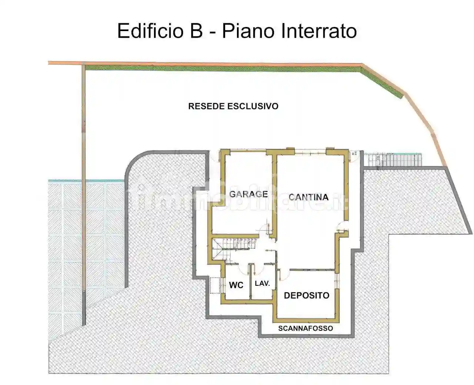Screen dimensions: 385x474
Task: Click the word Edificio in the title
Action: tap(150, 31)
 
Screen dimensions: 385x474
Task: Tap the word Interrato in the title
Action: tap(319, 31)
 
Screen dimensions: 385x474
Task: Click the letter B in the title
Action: tap(197, 31)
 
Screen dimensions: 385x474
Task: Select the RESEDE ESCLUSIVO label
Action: tap(233, 106)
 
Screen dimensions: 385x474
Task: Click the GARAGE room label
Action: tap(248, 194)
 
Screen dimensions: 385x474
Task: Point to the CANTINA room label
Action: tap(308, 197)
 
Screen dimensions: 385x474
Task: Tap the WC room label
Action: tap(236, 285)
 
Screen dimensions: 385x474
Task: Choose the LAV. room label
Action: tap(263, 284)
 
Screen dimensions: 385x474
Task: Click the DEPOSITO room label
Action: tap(307, 295)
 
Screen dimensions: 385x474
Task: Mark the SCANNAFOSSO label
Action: tap(306, 328)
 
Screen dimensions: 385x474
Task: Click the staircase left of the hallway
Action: tap(233, 247)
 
